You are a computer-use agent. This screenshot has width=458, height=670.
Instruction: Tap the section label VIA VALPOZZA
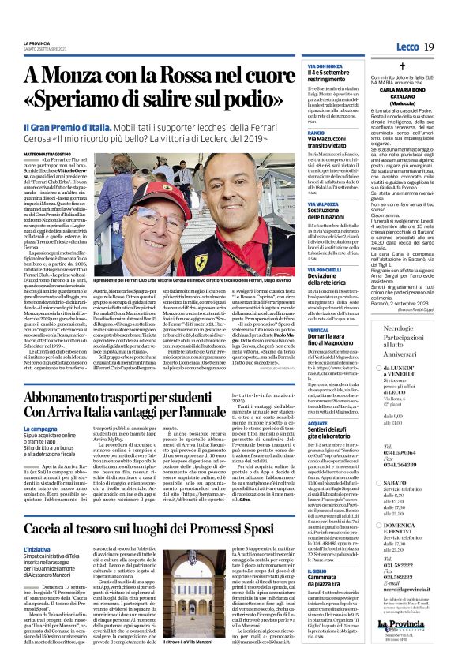(301, 204)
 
